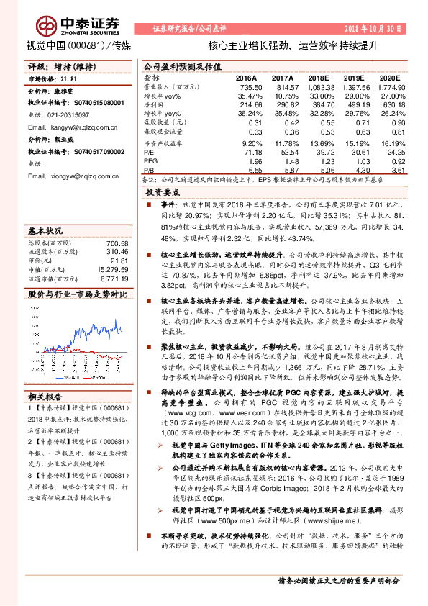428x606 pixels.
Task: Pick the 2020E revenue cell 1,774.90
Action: [384, 86]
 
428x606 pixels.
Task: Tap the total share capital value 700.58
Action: [108, 244]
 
